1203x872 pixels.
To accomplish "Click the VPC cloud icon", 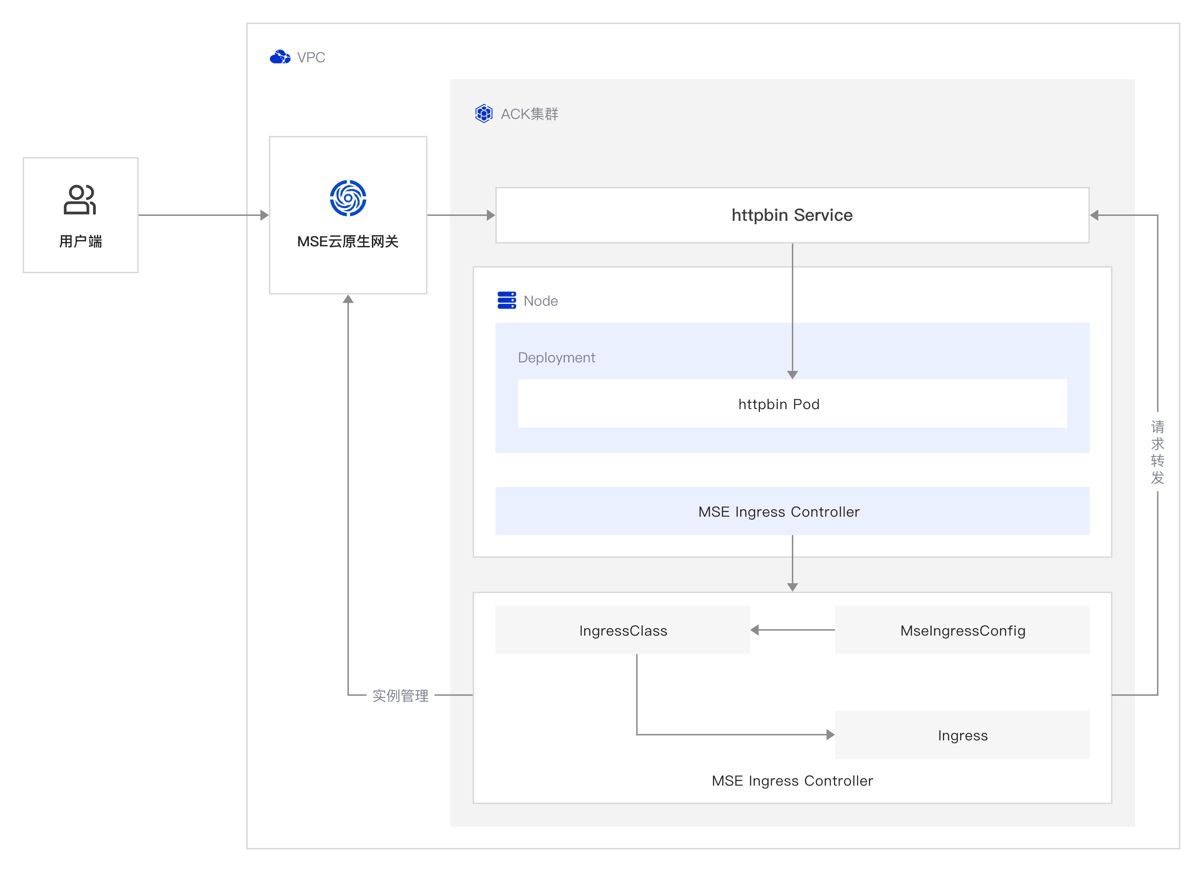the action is (280, 57).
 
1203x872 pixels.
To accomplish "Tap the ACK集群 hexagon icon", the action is (484, 114).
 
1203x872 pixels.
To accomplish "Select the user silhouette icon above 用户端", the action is (80, 200).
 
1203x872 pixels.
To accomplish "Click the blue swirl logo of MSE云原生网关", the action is (348, 199).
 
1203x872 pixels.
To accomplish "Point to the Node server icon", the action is (507, 300).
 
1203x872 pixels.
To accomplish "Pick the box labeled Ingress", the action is (962, 735).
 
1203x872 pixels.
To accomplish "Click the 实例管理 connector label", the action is (401, 695).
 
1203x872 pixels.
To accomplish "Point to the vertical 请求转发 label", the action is (1157, 452).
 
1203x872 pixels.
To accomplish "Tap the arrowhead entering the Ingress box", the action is (831, 735).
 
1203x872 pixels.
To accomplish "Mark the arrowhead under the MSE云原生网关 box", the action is (348, 299).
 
